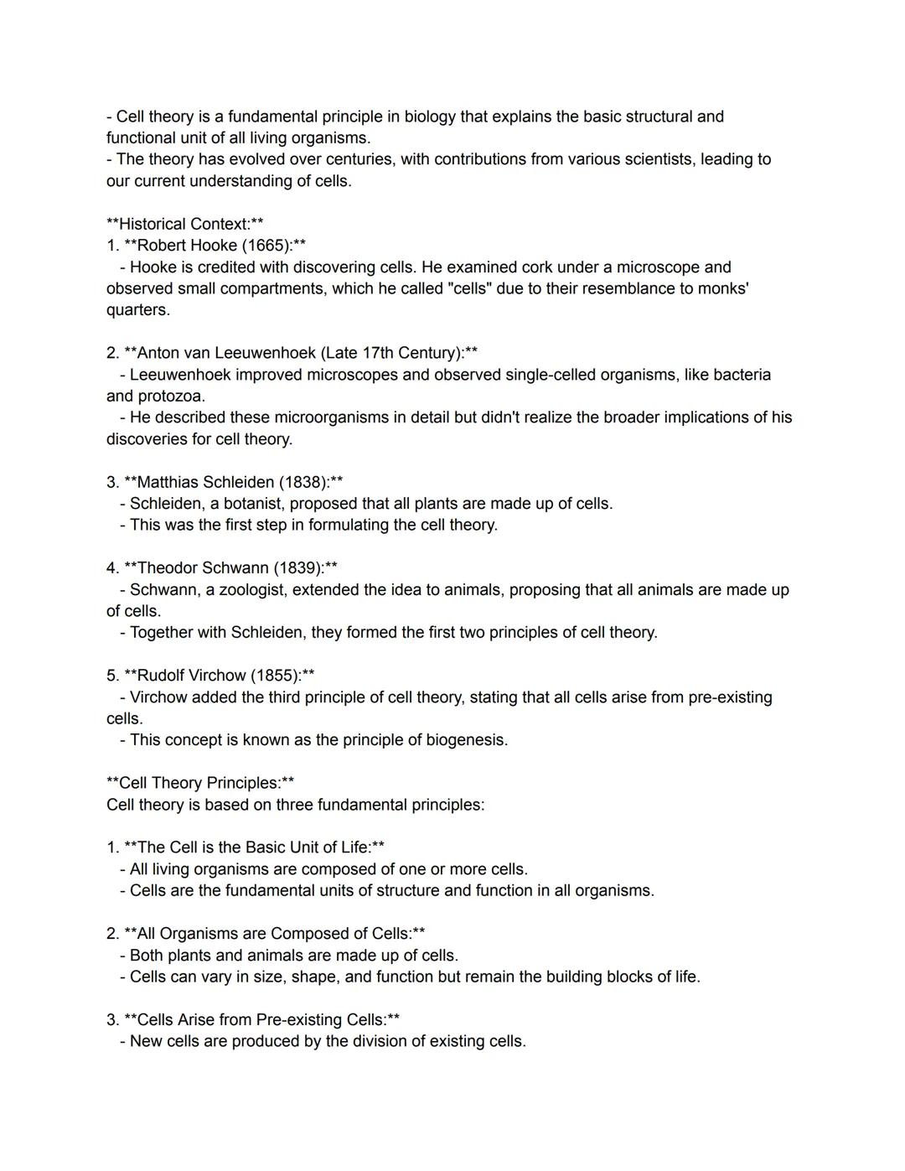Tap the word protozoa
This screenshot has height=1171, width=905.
coord(171,396)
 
